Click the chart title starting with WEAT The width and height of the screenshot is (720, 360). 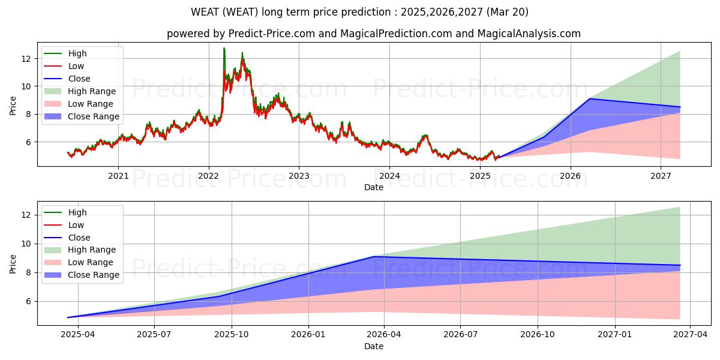click(x=359, y=12)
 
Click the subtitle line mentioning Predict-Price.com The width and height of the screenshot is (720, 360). click(x=373, y=34)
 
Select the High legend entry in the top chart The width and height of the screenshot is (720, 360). click(x=77, y=53)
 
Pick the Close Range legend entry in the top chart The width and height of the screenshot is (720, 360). click(x=94, y=116)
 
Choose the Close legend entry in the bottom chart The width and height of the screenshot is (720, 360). click(x=79, y=238)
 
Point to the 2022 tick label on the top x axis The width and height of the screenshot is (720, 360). click(x=209, y=176)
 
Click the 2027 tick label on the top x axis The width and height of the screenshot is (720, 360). click(x=661, y=176)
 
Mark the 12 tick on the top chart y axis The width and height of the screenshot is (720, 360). click(x=26, y=59)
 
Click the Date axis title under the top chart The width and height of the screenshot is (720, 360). click(x=373, y=187)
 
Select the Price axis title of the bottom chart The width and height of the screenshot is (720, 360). click(x=13, y=263)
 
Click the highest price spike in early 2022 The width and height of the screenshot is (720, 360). click(x=224, y=48)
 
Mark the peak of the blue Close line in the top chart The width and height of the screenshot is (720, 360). click(x=590, y=98)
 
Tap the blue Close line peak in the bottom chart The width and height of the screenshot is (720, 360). click(x=373, y=256)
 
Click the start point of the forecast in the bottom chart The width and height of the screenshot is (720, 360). click(x=68, y=317)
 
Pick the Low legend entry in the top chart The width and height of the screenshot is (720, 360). click(x=76, y=66)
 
